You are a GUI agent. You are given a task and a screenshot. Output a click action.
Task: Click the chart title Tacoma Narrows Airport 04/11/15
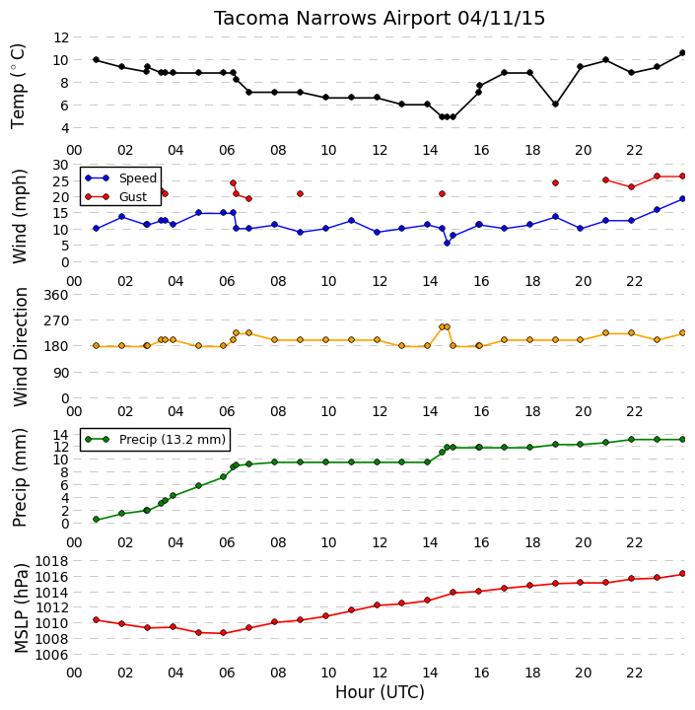pyautogui.click(x=379, y=19)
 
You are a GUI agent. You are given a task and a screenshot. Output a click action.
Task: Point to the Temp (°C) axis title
pyautogui.click(x=17, y=86)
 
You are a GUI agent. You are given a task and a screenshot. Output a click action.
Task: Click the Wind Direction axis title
pyautogui.click(x=21, y=347)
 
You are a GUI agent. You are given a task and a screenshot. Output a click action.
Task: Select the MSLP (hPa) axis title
pyautogui.click(x=21, y=608)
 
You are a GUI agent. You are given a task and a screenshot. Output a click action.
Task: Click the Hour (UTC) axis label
pyautogui.click(x=380, y=692)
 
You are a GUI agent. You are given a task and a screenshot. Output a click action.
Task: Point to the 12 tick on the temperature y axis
pyautogui.click(x=61, y=37)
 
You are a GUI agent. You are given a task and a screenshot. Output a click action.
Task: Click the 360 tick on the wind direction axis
pyautogui.click(x=57, y=295)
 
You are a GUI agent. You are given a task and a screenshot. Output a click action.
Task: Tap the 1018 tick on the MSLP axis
pyautogui.click(x=51, y=561)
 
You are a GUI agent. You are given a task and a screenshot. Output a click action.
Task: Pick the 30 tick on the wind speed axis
pyautogui.click(x=61, y=165)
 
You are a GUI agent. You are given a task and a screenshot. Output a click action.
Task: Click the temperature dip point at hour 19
pyautogui.click(x=556, y=105)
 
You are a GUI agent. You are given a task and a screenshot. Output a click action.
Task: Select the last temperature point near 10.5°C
pyautogui.click(x=683, y=53)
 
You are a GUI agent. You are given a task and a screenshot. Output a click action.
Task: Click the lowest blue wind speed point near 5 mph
pyautogui.click(x=447, y=244)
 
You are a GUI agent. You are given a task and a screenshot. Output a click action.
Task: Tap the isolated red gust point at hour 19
pyautogui.click(x=556, y=183)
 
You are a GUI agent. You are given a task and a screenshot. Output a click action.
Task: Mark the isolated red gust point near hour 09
pyautogui.click(x=300, y=194)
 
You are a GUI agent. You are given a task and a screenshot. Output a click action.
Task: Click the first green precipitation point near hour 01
pyautogui.click(x=96, y=520)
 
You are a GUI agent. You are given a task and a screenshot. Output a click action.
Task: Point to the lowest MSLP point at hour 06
pyautogui.click(x=223, y=632)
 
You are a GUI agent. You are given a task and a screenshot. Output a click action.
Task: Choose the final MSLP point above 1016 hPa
pyautogui.click(x=683, y=574)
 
